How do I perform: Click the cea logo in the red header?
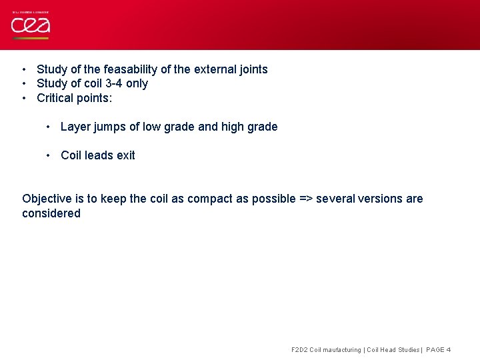click(x=30, y=25)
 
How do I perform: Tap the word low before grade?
click(x=151, y=127)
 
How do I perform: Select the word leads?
click(x=100, y=155)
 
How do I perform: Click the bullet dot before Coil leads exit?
click(x=49, y=155)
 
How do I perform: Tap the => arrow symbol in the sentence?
click(x=305, y=199)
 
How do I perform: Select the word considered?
click(x=51, y=213)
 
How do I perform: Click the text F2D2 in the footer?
click(x=300, y=350)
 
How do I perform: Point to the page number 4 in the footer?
click(x=449, y=350)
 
